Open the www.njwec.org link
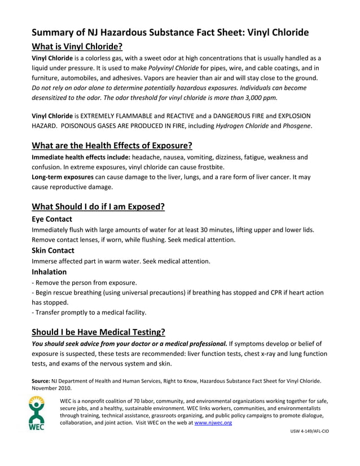(x=213, y=423)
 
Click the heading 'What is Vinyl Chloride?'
(x=77, y=46)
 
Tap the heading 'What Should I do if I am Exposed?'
(x=98, y=206)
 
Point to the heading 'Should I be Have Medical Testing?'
(x=98, y=331)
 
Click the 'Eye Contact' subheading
(x=52, y=219)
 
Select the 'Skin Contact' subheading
(x=52, y=250)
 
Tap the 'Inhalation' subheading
(x=49, y=272)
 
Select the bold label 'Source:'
(x=41, y=381)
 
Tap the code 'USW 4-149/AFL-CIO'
(x=305, y=432)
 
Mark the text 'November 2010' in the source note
(x=51, y=389)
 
